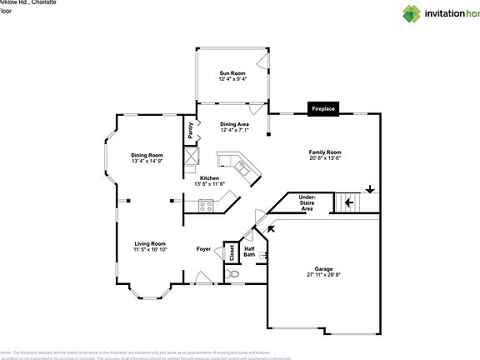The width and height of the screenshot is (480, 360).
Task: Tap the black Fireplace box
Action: (x=323, y=109)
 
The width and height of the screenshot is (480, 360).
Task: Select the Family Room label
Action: (x=325, y=152)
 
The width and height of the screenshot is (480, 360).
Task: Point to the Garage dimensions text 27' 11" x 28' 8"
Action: (x=324, y=274)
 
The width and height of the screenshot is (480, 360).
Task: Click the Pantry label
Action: (x=190, y=130)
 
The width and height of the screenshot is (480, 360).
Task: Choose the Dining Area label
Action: (x=234, y=124)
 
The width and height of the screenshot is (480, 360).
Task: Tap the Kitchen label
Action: (x=209, y=178)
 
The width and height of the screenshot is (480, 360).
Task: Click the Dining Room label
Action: (x=147, y=155)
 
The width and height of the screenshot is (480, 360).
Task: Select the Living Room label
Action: (x=151, y=243)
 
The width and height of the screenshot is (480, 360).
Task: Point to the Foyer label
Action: (x=203, y=249)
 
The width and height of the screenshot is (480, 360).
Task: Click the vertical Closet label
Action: (x=231, y=253)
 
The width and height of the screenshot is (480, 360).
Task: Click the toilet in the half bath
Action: (x=235, y=272)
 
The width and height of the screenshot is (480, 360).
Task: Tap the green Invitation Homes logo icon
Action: (x=388, y=12)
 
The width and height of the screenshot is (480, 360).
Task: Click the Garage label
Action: (x=324, y=268)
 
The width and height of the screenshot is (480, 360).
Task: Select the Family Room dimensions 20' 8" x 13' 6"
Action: (x=325, y=158)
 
